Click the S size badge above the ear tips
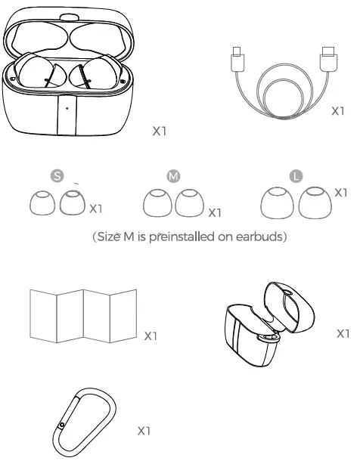pos(56,175)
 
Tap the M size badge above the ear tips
pos(173,175)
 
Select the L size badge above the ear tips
pos(296,175)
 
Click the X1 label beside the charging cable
pos(340,111)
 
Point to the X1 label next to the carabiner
pos(144,431)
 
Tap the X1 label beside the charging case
pos(159,131)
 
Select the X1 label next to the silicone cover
pos(343,333)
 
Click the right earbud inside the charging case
pos(95,76)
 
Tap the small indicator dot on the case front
pos(67,108)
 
